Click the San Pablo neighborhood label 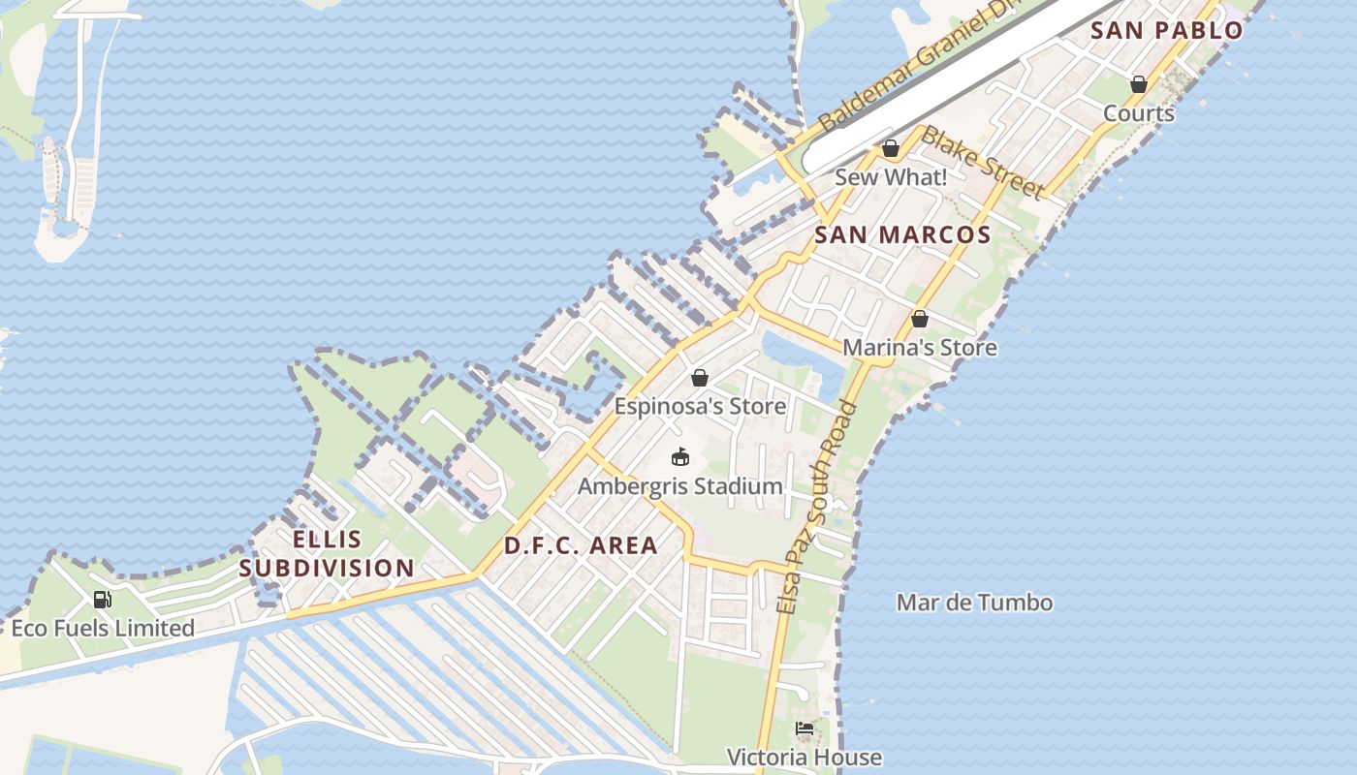(1166, 30)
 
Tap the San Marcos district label (902, 234)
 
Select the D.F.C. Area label (581, 545)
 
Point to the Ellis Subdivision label (327, 554)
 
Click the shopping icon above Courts (1139, 84)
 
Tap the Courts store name (1139, 113)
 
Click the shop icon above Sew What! (890, 149)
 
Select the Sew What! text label (890, 177)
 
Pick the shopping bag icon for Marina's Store (920, 319)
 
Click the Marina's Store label (920, 347)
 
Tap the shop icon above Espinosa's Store (700, 378)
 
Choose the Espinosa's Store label (700, 406)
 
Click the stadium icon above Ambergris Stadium (680, 456)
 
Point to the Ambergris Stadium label (680, 486)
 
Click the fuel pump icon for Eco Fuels (103, 600)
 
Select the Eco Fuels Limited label (103, 629)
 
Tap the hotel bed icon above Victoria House (805, 728)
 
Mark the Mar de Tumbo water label (974, 603)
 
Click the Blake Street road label (981, 162)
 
